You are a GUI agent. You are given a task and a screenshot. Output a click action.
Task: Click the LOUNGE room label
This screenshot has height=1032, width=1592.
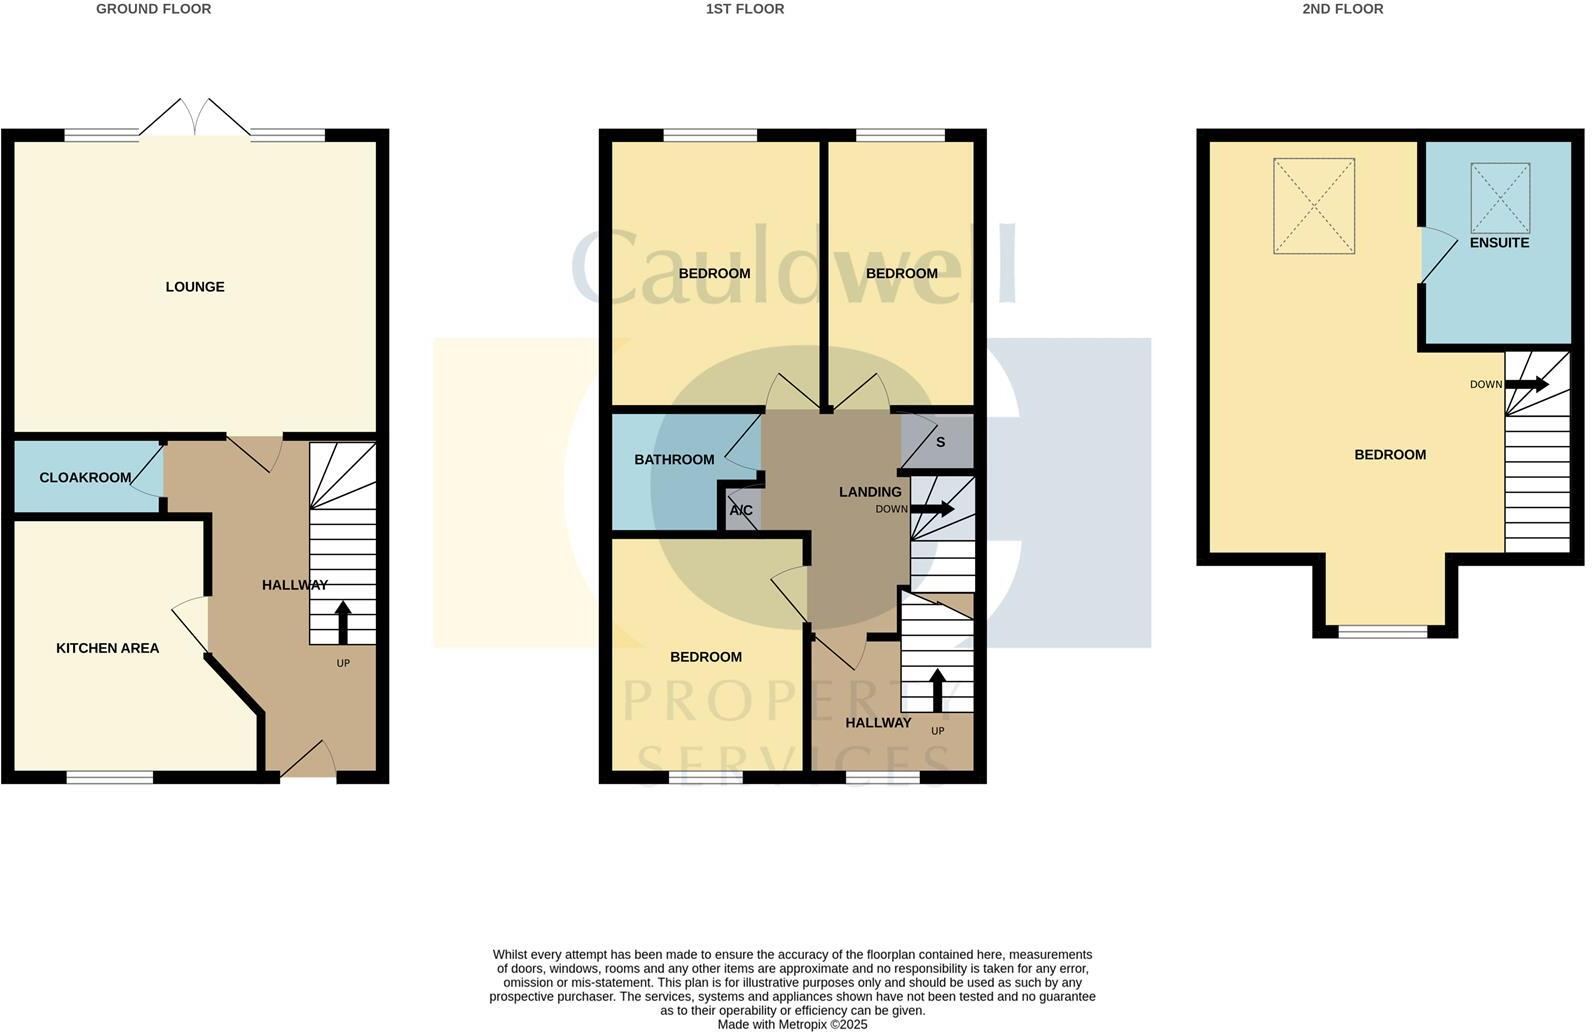pos(195,287)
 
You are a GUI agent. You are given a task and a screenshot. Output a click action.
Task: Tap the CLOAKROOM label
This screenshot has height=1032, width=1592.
pos(85,478)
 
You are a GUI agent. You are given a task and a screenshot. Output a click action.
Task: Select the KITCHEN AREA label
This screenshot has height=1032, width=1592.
pos(107,648)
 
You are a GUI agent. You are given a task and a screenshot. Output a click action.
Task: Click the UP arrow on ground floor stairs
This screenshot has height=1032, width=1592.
pos(343,622)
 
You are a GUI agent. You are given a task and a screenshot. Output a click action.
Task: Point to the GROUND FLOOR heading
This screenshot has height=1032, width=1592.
pos(153,9)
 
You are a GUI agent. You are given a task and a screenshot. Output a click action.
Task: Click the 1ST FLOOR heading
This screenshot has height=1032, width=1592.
pos(744,9)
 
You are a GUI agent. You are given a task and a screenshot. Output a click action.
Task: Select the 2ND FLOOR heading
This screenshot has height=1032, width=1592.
pos(1342,9)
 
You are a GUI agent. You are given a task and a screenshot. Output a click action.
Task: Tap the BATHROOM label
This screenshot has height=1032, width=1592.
pos(674,460)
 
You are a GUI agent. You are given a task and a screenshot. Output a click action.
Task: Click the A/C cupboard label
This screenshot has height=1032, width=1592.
pos(741,511)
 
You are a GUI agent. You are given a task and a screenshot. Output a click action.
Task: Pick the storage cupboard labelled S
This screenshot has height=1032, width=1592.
pos(940,442)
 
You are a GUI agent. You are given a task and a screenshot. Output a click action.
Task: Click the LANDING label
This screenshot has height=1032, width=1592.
pos(870,492)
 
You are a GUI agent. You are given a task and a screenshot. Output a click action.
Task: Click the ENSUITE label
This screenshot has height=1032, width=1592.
pos(1499,243)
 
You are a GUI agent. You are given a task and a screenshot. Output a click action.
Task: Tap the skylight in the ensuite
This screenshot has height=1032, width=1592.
pos(1500,197)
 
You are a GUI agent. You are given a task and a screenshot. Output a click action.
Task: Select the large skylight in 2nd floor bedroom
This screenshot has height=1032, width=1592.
pos(1313,205)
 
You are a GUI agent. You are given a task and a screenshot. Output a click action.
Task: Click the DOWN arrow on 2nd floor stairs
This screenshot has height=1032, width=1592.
pos(1527,384)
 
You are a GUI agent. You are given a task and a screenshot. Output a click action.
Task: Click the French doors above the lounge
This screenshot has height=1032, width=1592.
pos(195,118)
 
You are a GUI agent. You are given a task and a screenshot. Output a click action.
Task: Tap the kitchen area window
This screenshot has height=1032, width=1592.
pos(110,777)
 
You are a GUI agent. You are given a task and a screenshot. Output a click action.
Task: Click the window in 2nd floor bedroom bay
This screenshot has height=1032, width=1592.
pos(1383,631)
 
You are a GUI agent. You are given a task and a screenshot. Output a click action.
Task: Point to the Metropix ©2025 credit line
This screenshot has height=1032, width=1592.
pos(792,1024)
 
